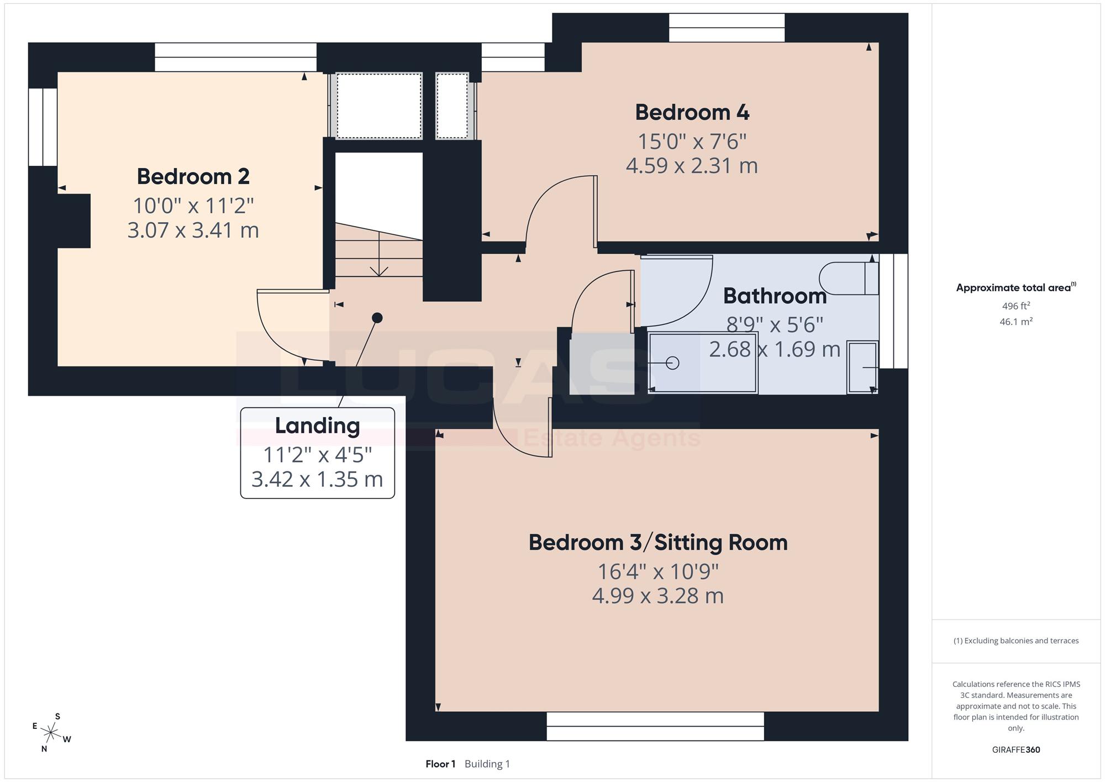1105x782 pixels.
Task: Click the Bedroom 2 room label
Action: coord(193,177)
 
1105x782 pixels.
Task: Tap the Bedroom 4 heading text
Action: coord(692,112)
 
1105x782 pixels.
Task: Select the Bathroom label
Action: coord(775,296)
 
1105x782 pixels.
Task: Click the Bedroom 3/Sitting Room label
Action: coord(658,543)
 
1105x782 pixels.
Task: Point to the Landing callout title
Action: coord(317,426)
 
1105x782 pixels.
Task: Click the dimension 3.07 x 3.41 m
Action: coord(193,230)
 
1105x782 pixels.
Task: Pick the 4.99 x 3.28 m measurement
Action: coord(657,596)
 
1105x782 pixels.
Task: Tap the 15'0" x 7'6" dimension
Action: coord(692,141)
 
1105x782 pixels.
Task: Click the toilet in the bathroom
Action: coord(849,278)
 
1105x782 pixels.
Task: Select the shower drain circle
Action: coord(672,363)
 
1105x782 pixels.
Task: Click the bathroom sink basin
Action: coord(862,367)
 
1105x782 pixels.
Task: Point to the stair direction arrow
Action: coord(378,254)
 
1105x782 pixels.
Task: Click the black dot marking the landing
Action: coord(377,318)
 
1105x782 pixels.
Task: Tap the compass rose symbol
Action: coord(51,733)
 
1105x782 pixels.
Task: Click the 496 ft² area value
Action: coord(1016,306)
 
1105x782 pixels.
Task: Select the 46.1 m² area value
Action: coord(1016,321)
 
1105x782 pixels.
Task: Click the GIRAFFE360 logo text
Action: coord(1016,750)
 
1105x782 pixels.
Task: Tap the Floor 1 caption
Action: coord(440,764)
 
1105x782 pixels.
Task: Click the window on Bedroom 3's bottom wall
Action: coord(655,726)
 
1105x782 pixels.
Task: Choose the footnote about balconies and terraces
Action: coord(1016,641)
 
